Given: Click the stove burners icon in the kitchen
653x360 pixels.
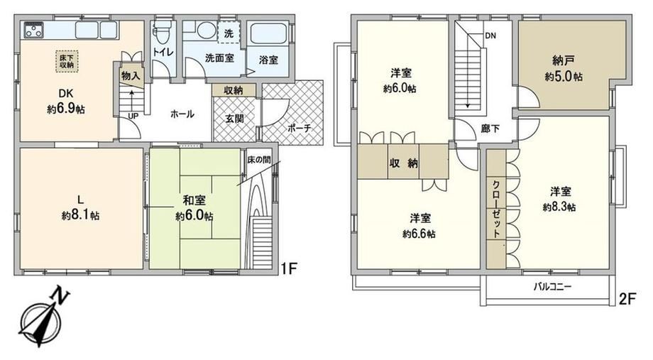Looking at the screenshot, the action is (34, 30).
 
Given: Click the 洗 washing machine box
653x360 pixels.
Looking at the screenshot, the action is (229, 33).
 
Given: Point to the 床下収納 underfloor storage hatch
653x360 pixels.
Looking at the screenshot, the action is (67, 61).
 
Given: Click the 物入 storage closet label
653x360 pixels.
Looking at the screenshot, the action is (131, 76).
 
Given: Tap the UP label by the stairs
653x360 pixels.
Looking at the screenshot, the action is (133, 116).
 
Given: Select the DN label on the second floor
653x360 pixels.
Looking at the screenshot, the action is (490, 36).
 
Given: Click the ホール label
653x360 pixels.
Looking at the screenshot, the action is (182, 114).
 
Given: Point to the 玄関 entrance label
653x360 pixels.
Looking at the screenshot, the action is (234, 119).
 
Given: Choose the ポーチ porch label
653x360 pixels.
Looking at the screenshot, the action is (299, 129).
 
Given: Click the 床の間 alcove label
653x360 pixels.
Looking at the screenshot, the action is (259, 160).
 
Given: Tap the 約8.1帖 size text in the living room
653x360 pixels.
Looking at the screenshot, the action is (80, 216).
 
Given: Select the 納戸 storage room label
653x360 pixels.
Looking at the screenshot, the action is (564, 61).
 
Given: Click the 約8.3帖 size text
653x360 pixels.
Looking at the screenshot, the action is (559, 207).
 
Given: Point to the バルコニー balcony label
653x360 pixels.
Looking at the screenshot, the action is (553, 287).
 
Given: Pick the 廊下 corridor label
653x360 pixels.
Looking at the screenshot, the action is (490, 129).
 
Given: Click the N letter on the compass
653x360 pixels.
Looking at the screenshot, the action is (59, 296).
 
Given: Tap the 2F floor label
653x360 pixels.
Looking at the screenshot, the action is (627, 299).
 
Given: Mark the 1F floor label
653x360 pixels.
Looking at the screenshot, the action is (288, 268).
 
